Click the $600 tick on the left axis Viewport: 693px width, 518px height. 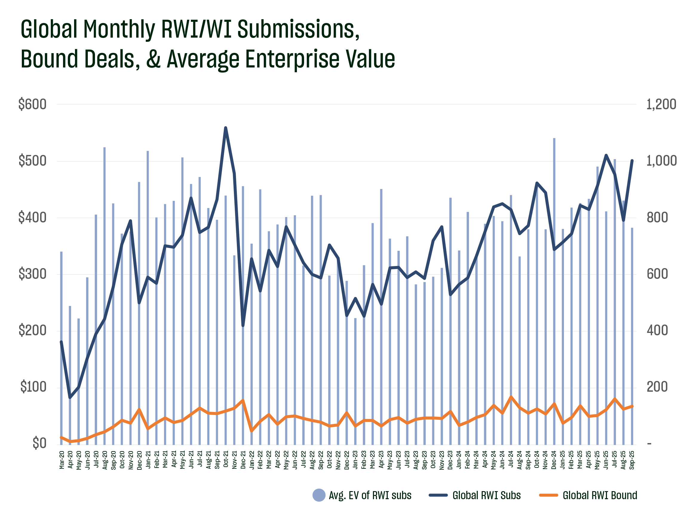[32, 104]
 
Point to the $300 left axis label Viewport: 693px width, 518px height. [32, 274]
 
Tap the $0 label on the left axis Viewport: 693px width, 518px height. [39, 443]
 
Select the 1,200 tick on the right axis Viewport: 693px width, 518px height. [661, 104]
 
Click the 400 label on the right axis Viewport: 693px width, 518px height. [657, 331]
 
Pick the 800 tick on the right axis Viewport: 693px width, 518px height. [657, 218]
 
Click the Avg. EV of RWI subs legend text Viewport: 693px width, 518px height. [370, 495]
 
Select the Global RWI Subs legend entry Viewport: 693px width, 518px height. [486, 495]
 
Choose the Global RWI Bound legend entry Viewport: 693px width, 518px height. [600, 495]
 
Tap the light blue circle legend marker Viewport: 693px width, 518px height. [319, 495]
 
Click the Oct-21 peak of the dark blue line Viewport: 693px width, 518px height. [226, 128]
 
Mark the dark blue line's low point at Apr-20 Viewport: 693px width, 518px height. [70, 398]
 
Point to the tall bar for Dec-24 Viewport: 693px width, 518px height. [554, 250]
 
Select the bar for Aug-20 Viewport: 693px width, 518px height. [105, 282]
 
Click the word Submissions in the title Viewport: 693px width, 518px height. [298, 29]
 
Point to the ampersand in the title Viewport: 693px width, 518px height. [153, 59]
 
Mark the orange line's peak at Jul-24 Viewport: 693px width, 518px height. [511, 397]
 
